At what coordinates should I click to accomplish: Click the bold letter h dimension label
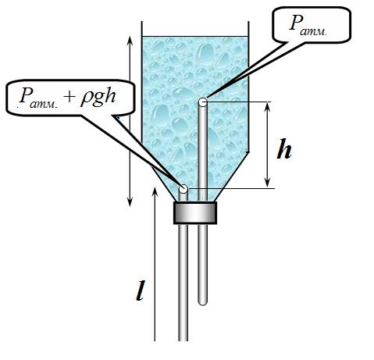284,148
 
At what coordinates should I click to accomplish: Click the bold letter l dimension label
140,290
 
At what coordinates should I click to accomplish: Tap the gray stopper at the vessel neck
195,212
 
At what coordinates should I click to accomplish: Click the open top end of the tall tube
203,102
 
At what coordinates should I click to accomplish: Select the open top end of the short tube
183,188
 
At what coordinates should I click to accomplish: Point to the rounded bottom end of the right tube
202,302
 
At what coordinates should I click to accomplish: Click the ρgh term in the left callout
98,97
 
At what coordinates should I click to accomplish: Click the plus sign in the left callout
69,97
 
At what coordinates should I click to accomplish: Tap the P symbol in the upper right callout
296,23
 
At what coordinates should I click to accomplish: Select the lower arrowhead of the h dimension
267,183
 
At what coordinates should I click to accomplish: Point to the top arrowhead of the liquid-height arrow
130,41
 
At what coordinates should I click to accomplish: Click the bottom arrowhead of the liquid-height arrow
130,201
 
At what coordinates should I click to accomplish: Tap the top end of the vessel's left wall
142,22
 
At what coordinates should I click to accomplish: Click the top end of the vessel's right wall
248,22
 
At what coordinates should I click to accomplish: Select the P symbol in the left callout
25,95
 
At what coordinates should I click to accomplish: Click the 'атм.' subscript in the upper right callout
314,32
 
